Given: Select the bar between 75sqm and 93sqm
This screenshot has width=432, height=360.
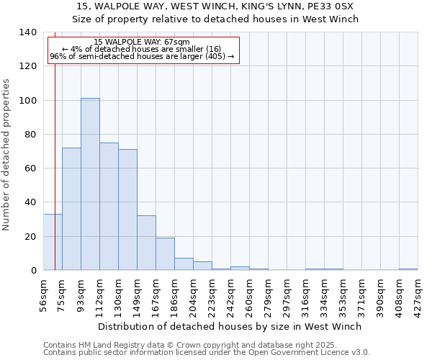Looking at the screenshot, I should (x=71, y=209).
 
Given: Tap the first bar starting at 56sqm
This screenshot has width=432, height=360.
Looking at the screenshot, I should (x=53, y=242).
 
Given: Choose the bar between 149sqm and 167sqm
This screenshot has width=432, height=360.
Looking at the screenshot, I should (x=146, y=243).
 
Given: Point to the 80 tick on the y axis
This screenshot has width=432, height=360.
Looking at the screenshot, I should (x=31, y=135).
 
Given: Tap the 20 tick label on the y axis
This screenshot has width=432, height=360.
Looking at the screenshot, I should (x=31, y=237).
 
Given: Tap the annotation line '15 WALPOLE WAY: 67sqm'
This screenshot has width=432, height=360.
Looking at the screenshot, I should (x=142, y=42).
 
